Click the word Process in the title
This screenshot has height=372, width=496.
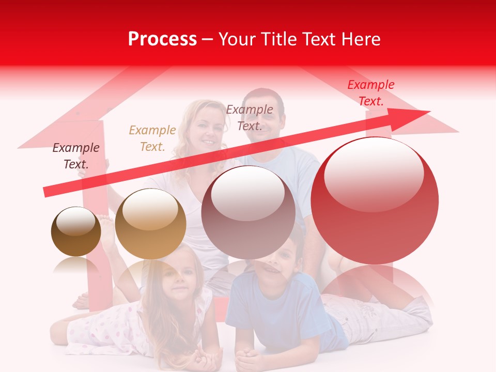162,39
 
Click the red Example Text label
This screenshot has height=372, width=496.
370,93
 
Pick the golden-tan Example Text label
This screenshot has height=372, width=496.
152,138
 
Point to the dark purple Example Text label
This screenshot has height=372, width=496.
76,156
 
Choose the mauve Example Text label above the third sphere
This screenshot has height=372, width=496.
250,117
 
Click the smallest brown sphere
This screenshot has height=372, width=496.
76,232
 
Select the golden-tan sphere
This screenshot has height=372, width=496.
150,224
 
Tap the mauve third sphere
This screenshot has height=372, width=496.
248,212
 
